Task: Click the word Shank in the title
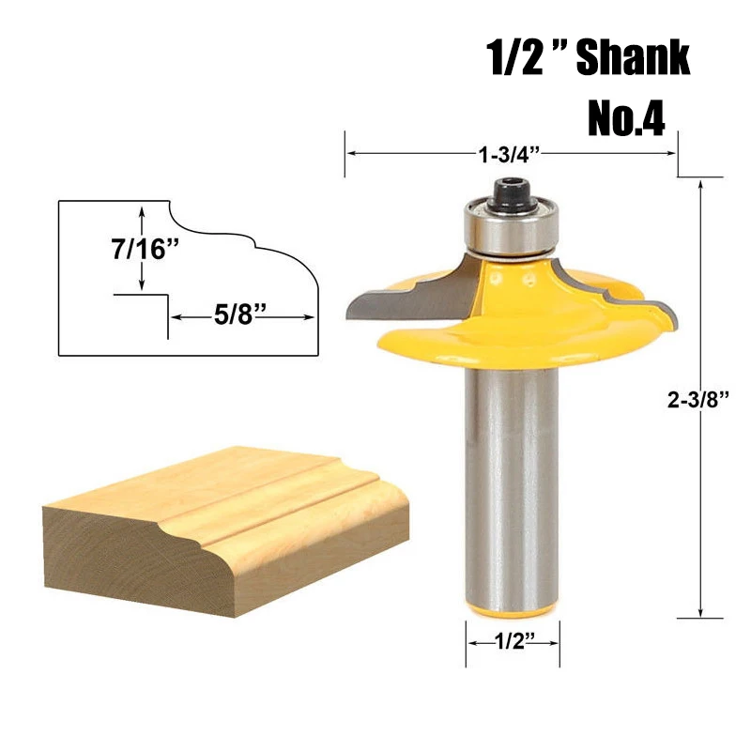633,57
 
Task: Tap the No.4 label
626,119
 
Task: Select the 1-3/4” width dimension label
509,154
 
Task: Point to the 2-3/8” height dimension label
697,399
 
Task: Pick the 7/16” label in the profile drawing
145,249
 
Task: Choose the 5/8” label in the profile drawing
239,314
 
